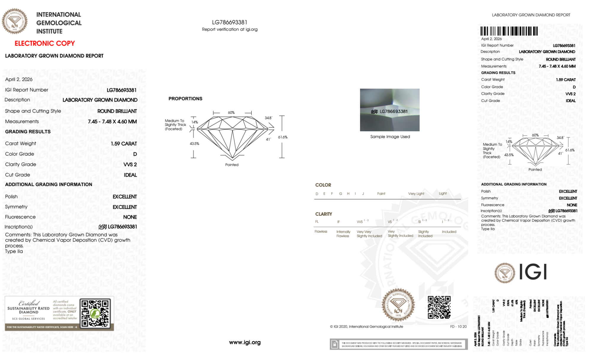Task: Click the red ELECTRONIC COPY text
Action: (x=45, y=44)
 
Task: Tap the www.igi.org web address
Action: (x=245, y=343)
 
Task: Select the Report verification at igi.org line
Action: (x=230, y=29)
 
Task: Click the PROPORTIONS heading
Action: (x=185, y=99)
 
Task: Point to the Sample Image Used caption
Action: (x=390, y=137)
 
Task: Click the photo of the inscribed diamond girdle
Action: (x=390, y=110)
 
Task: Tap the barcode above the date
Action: (x=509, y=31)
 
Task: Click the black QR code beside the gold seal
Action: (x=439, y=307)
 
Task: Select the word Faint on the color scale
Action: (x=381, y=194)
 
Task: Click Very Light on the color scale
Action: (x=416, y=194)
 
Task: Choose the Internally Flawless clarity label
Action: (x=343, y=234)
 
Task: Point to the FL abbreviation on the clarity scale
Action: (x=317, y=222)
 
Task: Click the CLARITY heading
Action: (x=324, y=214)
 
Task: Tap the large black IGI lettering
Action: (x=533, y=272)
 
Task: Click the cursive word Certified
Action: (x=29, y=303)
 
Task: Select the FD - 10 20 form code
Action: (x=458, y=327)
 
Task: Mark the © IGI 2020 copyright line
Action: (x=367, y=327)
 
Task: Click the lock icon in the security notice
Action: (x=335, y=344)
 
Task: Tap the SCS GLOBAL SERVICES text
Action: (x=28, y=319)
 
